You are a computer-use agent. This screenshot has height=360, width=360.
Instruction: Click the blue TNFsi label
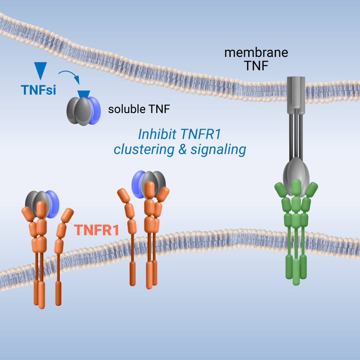coord(38,90)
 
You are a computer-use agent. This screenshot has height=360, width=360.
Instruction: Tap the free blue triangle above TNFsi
coord(40,71)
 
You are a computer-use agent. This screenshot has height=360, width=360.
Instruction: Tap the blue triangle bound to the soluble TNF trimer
coord(84,95)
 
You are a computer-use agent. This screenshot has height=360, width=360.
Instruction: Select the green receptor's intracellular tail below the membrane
coord(296,270)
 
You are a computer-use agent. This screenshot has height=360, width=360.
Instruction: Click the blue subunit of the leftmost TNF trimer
coord(52,204)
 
